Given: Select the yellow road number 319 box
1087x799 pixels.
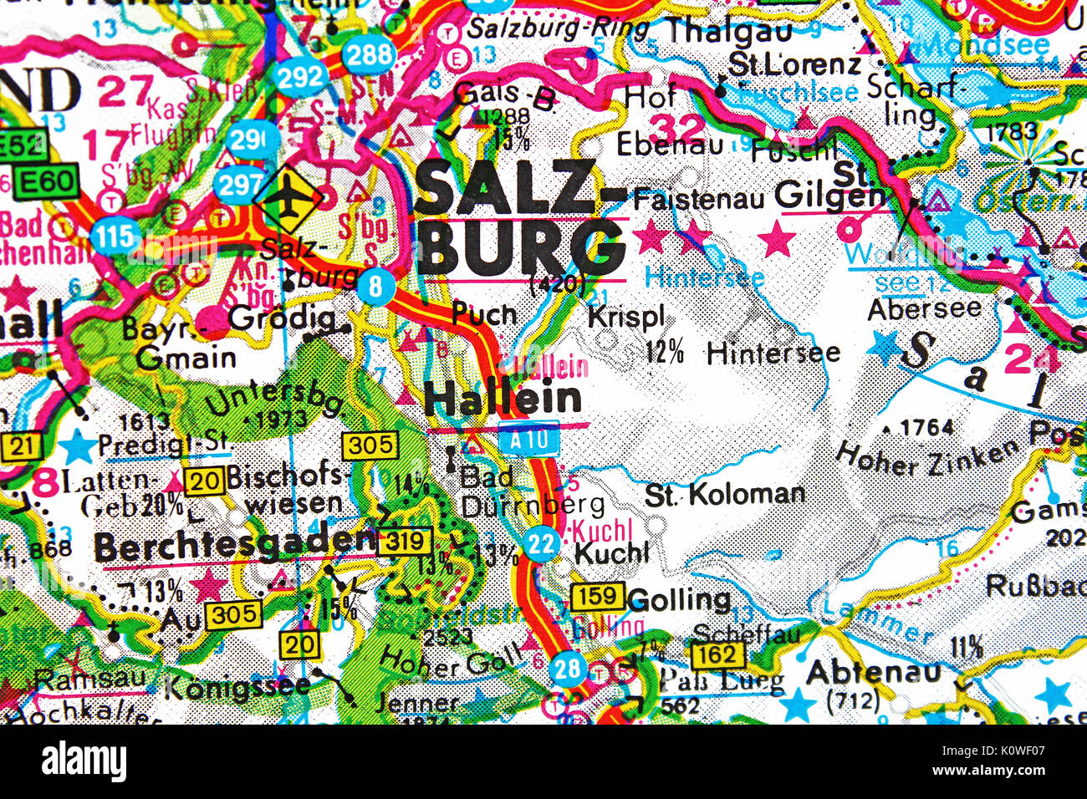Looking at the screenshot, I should [x=405, y=542].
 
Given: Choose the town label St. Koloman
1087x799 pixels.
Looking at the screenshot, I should [x=724, y=495].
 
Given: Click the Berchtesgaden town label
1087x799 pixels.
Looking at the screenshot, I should [x=234, y=547].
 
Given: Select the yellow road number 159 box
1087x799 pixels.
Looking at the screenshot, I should [x=597, y=597].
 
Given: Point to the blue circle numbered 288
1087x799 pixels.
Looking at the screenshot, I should [x=369, y=56].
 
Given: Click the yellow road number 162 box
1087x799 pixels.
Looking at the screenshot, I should [x=717, y=654].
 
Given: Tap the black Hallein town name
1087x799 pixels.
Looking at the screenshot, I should [x=503, y=399].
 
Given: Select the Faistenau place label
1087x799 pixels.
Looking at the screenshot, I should [x=698, y=199].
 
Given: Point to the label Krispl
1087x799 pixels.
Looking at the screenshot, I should [x=626, y=317].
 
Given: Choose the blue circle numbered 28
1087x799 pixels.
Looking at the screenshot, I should [x=568, y=669].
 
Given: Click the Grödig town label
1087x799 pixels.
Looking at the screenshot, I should [x=282, y=318].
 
